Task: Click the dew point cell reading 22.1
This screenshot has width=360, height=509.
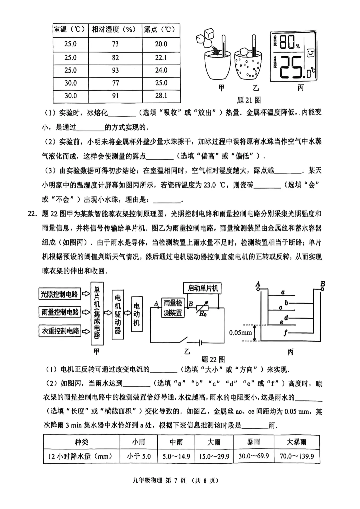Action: tap(161, 58)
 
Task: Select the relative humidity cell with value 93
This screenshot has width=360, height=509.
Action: tap(115, 70)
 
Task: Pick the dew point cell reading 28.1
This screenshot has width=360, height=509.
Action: tap(161, 96)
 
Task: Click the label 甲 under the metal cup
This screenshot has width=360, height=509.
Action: tap(221, 88)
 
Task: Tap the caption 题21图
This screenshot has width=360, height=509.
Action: tap(249, 100)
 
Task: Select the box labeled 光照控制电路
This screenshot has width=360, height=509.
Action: tap(59, 294)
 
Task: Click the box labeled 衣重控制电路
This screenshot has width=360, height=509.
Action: tap(60, 331)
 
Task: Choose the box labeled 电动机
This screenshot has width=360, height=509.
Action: tap(137, 314)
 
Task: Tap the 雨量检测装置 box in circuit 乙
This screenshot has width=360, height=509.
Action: tap(173, 308)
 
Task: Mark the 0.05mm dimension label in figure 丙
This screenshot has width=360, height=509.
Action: tap(240, 333)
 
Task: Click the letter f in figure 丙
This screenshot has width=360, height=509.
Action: tap(285, 332)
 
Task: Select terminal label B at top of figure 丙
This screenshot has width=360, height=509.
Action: tap(322, 284)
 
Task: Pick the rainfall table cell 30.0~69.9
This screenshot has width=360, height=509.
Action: tap(254, 456)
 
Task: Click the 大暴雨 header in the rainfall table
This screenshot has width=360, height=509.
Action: tap(296, 442)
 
